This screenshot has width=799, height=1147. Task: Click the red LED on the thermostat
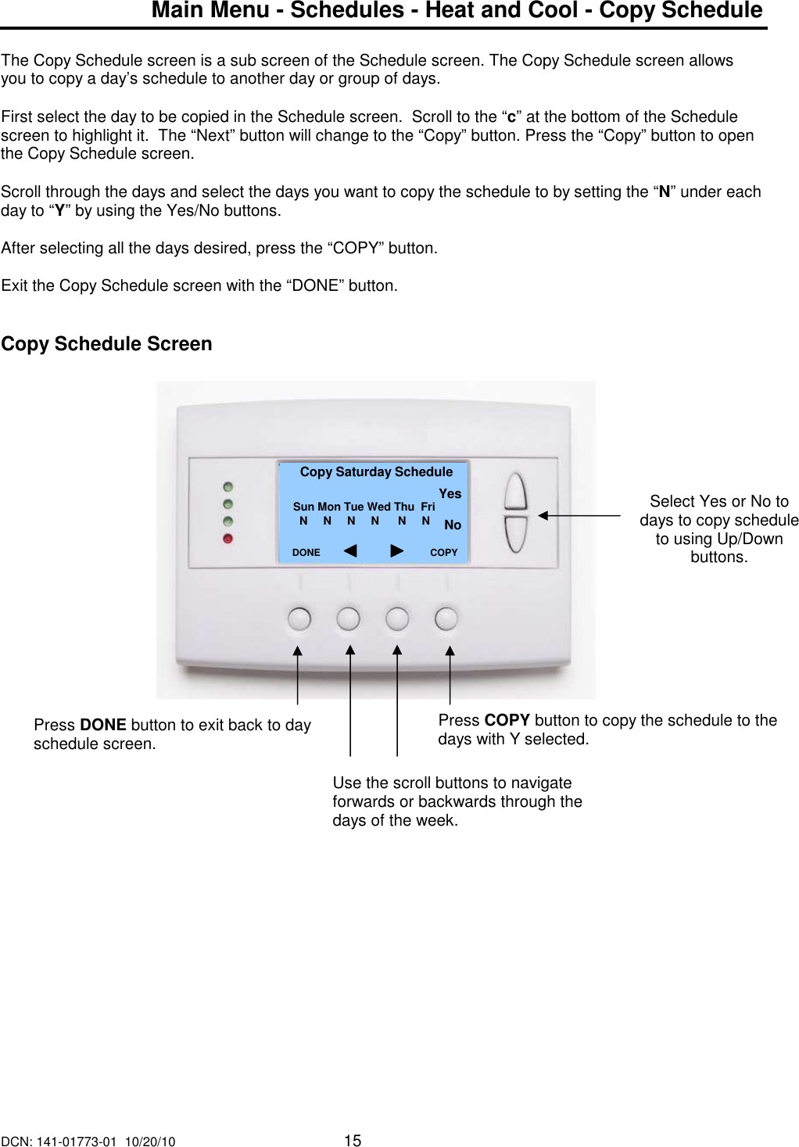point(228,539)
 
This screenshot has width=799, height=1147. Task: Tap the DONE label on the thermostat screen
point(306,553)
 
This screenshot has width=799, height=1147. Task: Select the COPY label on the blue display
point(443,553)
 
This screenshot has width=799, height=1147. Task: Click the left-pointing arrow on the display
point(350,551)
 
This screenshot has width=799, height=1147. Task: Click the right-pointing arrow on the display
point(397,551)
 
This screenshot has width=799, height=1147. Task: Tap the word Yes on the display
point(450,494)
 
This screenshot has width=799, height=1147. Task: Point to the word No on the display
point(452,525)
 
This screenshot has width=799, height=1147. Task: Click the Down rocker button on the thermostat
point(515,534)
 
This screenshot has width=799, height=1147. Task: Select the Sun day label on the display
point(303,507)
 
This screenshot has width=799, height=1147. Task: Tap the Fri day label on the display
point(428,507)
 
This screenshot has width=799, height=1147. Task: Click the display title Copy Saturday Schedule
point(376,472)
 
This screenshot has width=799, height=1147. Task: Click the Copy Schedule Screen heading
point(106,344)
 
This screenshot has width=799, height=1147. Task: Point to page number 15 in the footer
point(353,1141)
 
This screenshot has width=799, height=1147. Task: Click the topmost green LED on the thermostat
point(228,487)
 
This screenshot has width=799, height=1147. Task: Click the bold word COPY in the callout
point(507,720)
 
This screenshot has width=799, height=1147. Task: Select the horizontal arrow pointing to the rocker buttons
point(579,516)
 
